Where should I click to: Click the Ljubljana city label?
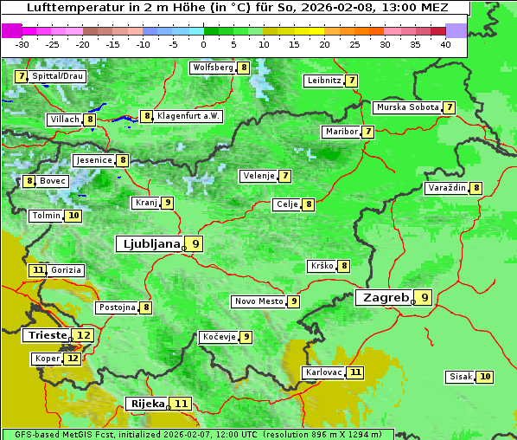point(149,244)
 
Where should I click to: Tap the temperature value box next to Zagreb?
point(424,298)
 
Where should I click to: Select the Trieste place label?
point(48,335)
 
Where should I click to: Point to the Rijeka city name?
point(147,404)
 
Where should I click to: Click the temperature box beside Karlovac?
point(355,372)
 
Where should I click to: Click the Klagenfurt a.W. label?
point(188,116)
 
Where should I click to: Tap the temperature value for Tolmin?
point(73,216)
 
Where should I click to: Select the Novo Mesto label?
point(258,301)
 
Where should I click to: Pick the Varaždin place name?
point(446,188)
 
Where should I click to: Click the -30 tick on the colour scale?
point(22,44)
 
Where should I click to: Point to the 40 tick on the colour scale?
point(445,44)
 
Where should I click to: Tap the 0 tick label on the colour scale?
point(204,44)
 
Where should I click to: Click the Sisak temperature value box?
point(485,377)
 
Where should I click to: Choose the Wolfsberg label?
point(213,68)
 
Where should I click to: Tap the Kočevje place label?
point(219,337)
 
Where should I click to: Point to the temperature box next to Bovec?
point(29,181)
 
